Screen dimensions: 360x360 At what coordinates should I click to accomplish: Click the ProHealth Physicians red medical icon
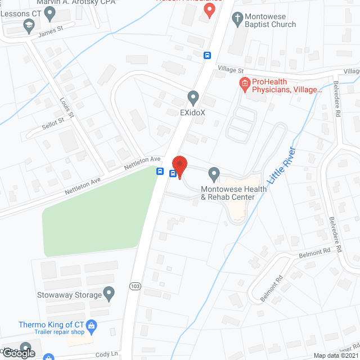(244, 85)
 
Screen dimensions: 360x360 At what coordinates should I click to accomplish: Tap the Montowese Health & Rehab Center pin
(214, 173)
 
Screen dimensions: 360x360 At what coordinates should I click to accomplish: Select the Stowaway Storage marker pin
(110, 293)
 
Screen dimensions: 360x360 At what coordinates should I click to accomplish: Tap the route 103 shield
(135, 286)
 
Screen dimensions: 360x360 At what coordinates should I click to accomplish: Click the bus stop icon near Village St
(208, 55)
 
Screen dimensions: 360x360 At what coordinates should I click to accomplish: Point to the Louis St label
(67, 107)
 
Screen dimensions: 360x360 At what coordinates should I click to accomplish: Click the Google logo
(19, 353)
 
